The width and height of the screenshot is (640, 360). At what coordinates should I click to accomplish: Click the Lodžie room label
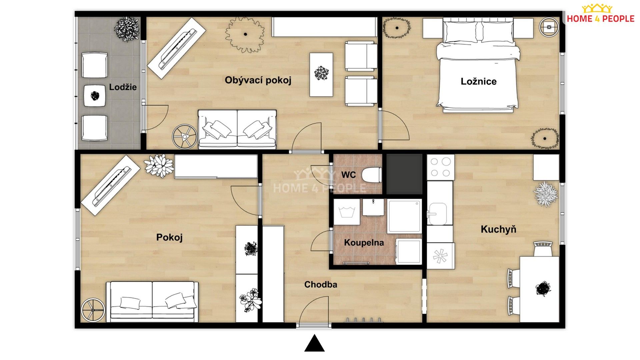point(123,87)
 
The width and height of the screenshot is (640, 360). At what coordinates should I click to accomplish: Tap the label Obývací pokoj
point(258,80)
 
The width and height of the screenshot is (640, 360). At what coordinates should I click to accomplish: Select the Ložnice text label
point(478,81)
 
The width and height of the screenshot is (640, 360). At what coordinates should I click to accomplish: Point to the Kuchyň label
point(498,229)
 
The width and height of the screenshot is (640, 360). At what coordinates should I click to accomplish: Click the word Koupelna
point(364,243)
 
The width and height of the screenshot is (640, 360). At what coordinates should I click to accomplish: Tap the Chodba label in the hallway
point(320,285)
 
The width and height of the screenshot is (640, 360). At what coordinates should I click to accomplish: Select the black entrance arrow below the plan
point(314,344)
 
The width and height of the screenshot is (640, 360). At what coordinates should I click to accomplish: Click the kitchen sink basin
point(438,213)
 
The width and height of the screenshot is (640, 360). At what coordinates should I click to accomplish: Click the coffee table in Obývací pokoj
point(321,74)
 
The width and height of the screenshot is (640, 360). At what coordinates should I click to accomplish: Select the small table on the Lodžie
point(95,96)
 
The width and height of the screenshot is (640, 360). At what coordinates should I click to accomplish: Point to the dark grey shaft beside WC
point(404,174)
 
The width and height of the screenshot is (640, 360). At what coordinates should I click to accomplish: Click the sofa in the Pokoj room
point(152,302)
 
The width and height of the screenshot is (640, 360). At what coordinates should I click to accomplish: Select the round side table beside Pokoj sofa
point(93,310)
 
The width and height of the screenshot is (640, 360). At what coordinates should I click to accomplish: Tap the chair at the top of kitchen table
point(543,249)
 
